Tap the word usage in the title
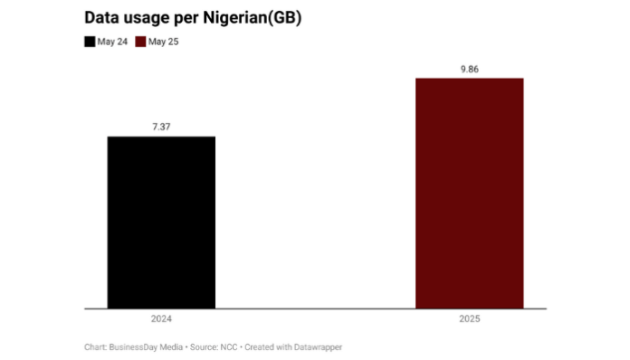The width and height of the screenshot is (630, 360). coord(149,19)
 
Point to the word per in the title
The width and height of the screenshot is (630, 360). coord(193,19)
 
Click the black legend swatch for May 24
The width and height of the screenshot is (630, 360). coord(90,42)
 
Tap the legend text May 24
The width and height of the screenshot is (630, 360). coord(112,42)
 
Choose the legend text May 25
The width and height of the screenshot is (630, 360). coord(164,42)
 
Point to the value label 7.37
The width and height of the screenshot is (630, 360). coord(161,127)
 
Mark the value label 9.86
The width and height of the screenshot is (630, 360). coord(469,69)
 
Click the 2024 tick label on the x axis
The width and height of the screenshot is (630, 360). coord(161,319)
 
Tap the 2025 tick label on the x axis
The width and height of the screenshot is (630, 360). coord(469,319)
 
